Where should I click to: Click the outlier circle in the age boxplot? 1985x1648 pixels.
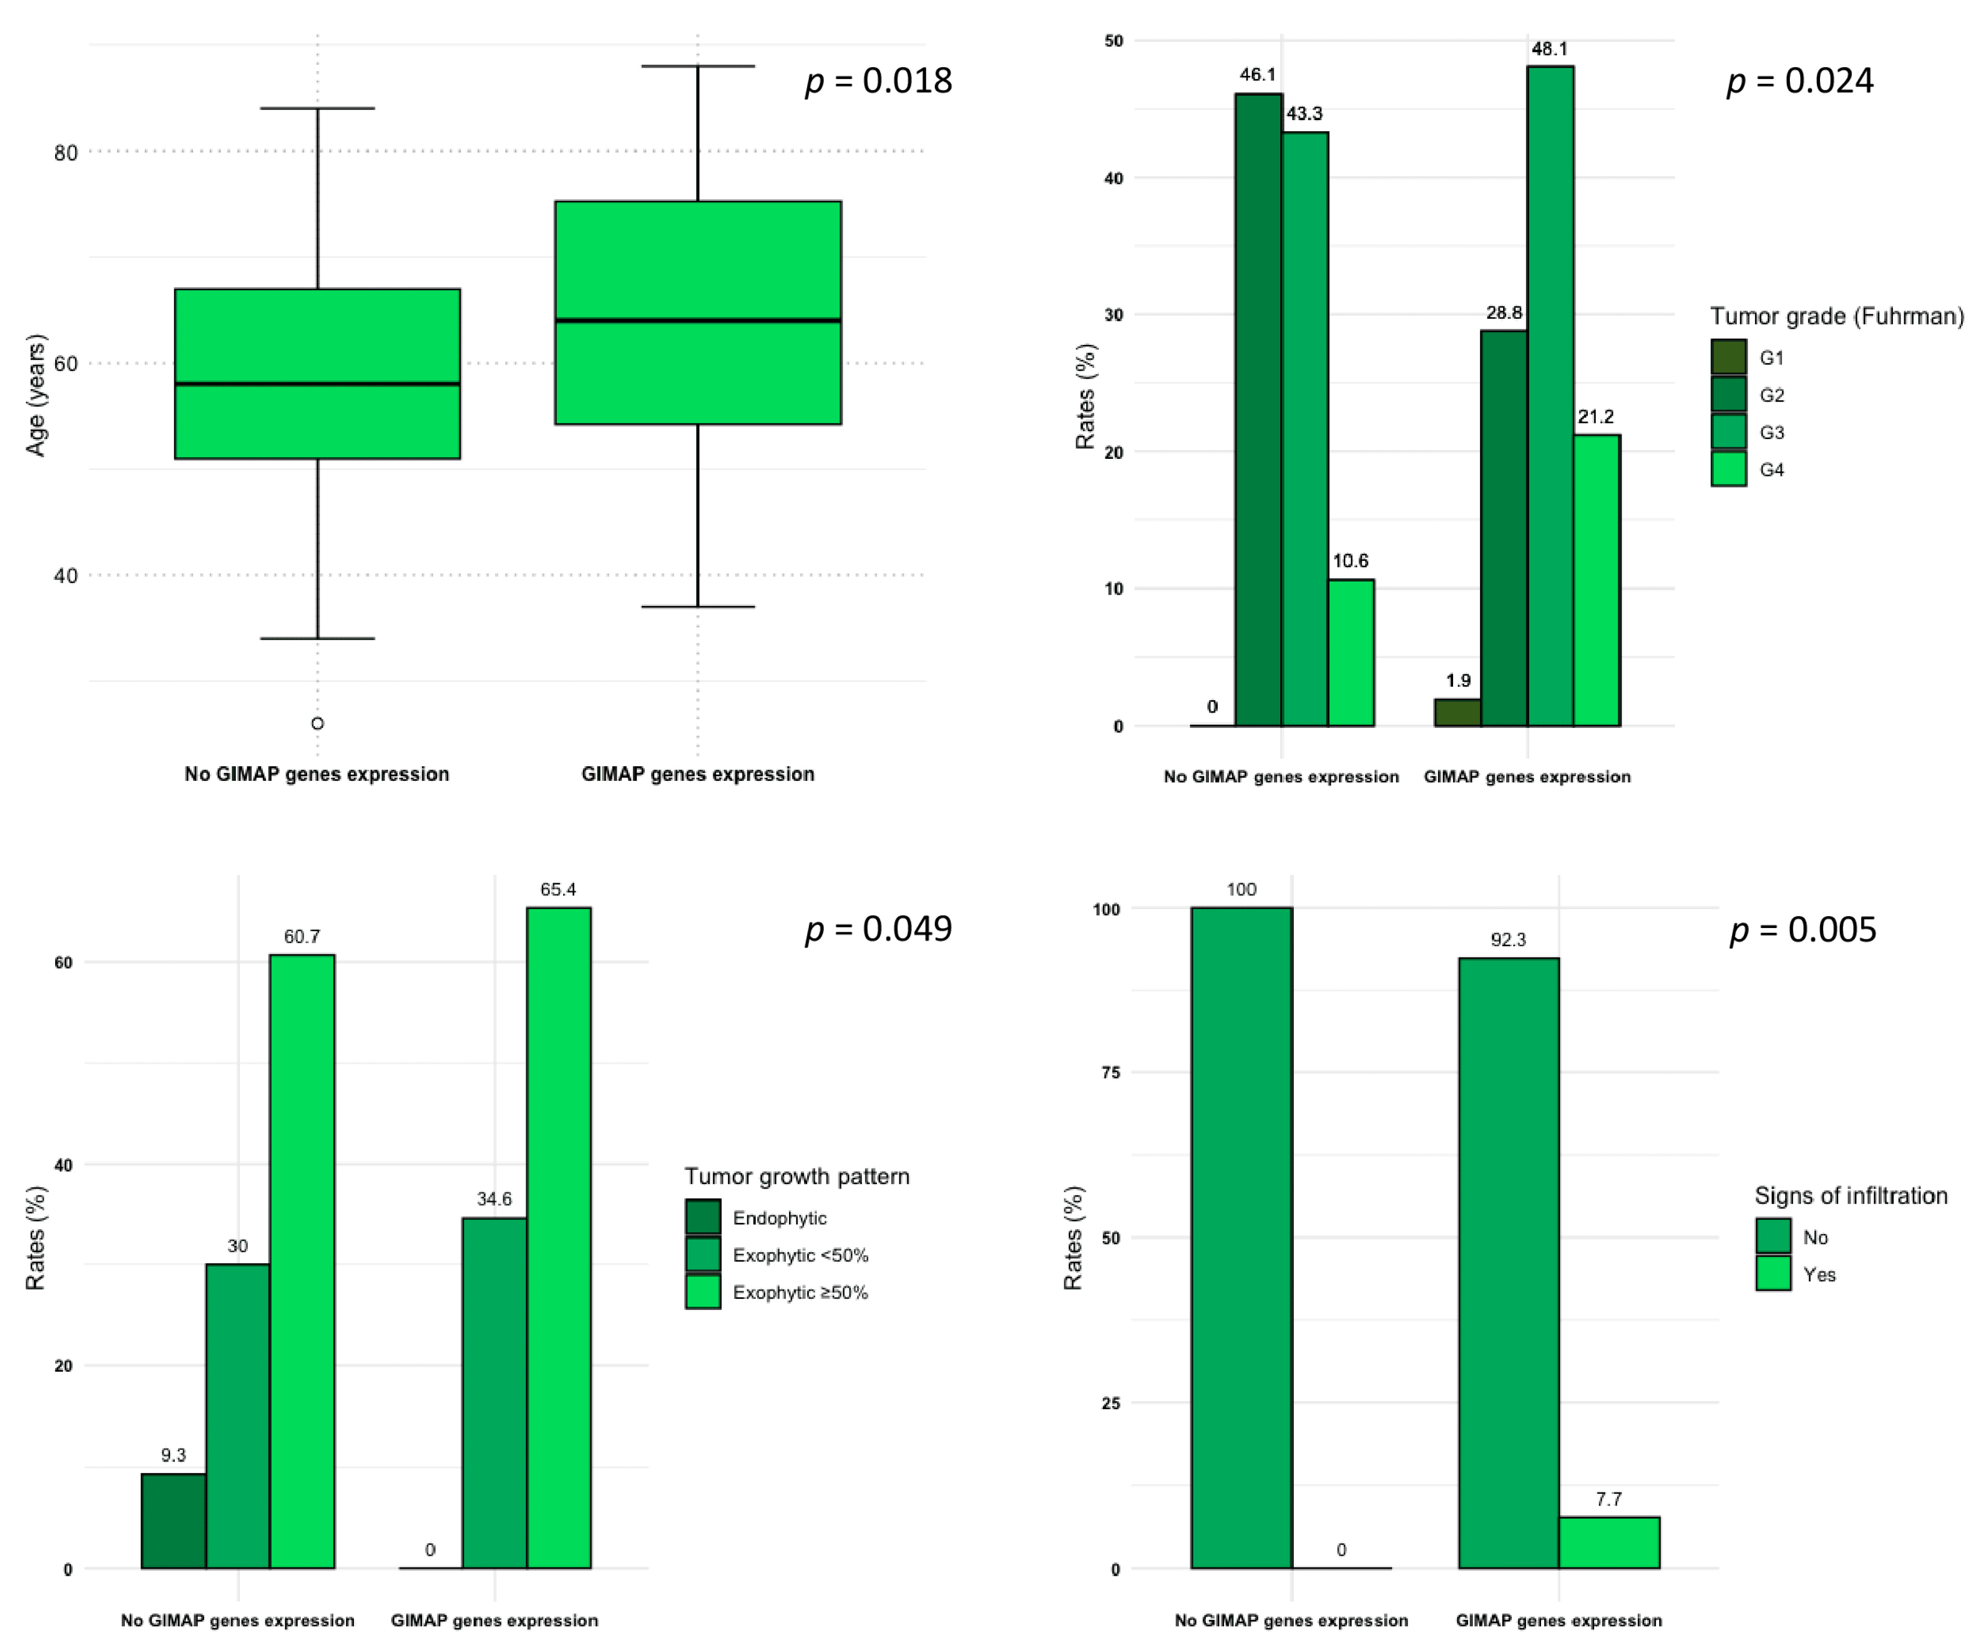(x=317, y=724)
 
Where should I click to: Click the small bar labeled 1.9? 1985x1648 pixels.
(x=1458, y=713)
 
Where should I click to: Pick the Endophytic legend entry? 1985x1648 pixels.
(x=779, y=1218)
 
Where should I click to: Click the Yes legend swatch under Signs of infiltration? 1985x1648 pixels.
(x=1773, y=1274)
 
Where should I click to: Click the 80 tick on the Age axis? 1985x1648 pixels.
(x=65, y=152)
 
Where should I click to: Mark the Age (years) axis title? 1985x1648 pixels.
(x=36, y=395)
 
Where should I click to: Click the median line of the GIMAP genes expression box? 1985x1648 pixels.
(x=697, y=320)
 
